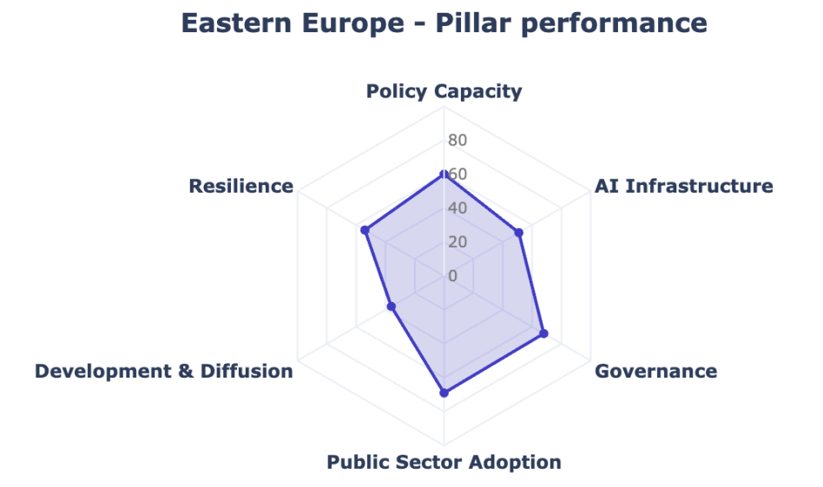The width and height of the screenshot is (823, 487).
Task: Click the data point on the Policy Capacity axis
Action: (x=444, y=174)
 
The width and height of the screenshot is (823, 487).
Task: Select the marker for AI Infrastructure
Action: (x=519, y=233)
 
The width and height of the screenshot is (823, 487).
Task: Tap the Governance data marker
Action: (x=543, y=333)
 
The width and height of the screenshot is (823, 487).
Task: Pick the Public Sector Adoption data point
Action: (x=444, y=393)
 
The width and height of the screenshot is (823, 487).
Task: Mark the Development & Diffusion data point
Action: (x=392, y=306)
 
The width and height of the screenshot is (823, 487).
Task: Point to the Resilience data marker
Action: (x=365, y=230)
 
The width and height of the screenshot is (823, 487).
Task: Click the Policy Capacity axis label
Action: (x=444, y=91)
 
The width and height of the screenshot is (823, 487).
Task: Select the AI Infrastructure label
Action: (x=683, y=186)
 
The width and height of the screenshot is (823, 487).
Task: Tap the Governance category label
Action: (x=655, y=372)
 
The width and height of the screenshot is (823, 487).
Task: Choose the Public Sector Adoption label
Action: (x=444, y=462)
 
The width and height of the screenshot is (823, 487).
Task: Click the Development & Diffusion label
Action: (x=164, y=372)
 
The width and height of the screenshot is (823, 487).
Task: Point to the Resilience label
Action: (x=240, y=186)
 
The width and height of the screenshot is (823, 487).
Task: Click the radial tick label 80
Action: (x=458, y=141)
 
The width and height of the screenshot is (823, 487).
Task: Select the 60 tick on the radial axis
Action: (x=458, y=174)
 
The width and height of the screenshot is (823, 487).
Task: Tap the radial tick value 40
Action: (x=458, y=208)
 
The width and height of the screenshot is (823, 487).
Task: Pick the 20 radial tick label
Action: (x=458, y=242)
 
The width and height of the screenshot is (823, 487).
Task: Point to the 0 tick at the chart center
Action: (x=452, y=276)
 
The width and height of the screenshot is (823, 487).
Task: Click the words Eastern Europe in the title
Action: (x=293, y=23)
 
